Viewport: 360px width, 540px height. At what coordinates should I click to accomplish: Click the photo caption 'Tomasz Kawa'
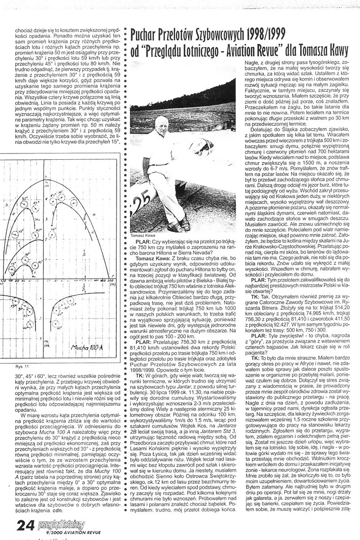pyautogui.click(x=144, y=236)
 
